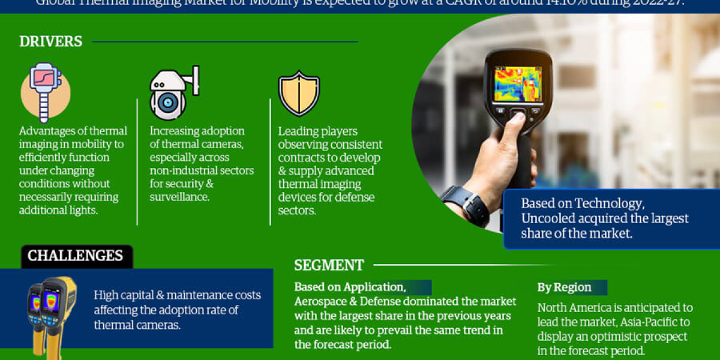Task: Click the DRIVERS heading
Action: pos(50,41)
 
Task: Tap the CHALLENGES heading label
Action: pos(75,256)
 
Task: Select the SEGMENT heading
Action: pos(329,265)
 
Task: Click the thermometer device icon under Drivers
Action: pos(45,92)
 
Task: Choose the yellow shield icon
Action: pos(299,94)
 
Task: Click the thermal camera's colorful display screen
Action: pos(517,83)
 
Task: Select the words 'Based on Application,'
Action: pos(350,287)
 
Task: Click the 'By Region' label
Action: pos(564,287)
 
